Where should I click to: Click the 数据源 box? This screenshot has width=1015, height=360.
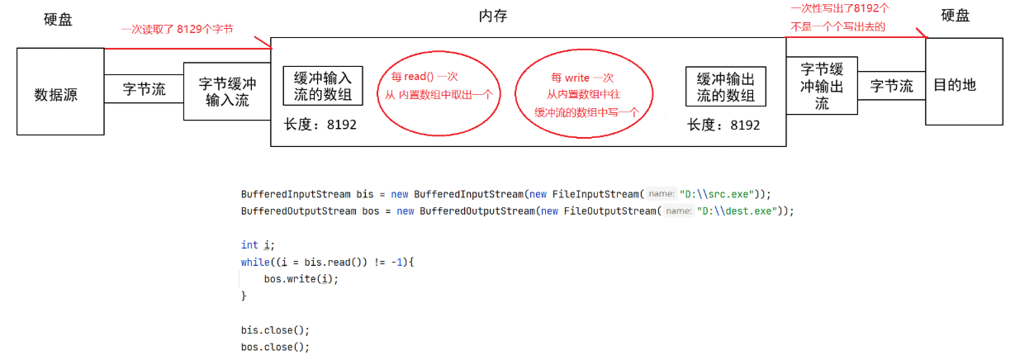(x=56, y=92)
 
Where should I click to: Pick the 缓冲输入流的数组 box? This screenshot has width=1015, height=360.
(x=323, y=86)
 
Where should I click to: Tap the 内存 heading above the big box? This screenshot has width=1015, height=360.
(x=492, y=17)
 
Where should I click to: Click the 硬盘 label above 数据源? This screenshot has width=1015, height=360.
(x=58, y=18)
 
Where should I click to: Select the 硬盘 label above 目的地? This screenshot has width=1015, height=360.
(x=956, y=16)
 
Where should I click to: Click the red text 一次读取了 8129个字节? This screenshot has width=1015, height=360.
(x=177, y=29)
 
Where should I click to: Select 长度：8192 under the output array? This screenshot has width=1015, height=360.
(x=723, y=124)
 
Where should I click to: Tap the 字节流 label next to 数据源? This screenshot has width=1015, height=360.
(x=144, y=89)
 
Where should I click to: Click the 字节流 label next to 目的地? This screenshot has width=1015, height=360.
(x=892, y=86)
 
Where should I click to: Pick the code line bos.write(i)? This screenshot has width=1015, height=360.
(x=301, y=278)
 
